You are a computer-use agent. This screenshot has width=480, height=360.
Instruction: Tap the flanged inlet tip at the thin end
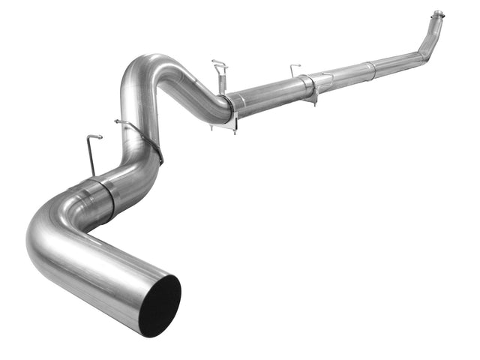point(436,15)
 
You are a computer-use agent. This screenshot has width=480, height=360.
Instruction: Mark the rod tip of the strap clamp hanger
point(118,121)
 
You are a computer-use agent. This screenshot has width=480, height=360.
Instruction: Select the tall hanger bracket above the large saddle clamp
point(220,72)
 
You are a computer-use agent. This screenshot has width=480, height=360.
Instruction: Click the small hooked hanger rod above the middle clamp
point(295,70)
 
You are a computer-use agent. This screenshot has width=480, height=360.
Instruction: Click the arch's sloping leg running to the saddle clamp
point(195,90)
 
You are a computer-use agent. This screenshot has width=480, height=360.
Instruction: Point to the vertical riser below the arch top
point(131,112)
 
